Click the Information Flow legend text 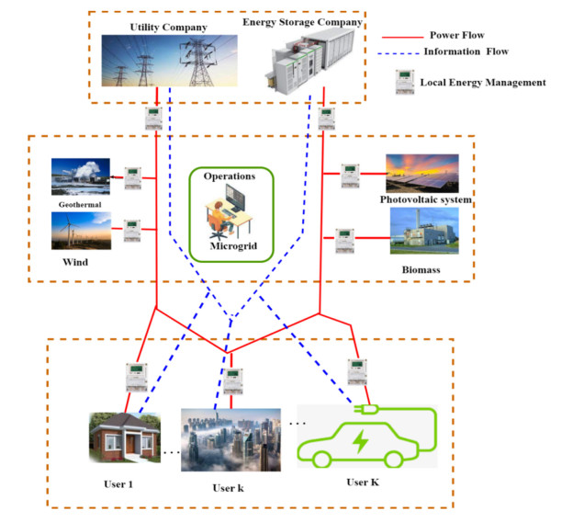coord(466,51)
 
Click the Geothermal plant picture coord(81,176)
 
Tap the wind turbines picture coord(81,232)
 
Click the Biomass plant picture coord(424,231)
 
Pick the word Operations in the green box coord(231,175)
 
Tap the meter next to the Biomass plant coord(344,241)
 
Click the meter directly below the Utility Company coord(153,117)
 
